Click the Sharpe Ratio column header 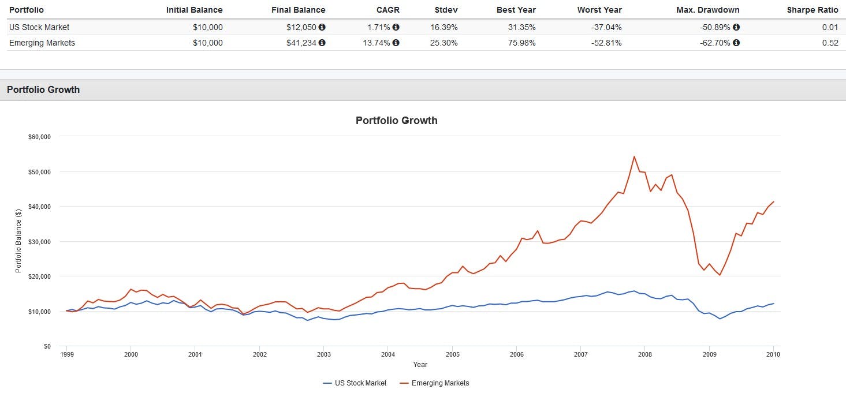pos(813,10)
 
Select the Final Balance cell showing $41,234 pos(301,43)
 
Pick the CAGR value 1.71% pos(379,27)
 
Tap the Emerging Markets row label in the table pos(42,43)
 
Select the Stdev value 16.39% pos(444,27)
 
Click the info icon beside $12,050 pos(322,27)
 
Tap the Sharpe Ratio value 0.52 pos(830,43)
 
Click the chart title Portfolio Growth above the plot pos(396,121)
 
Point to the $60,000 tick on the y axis pos(39,137)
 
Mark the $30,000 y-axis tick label pos(39,242)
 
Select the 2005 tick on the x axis pos(452,354)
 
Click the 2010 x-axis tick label pos(773,354)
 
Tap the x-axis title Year pos(420,364)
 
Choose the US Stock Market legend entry pos(355,383)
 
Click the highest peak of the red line pos(634,156)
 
